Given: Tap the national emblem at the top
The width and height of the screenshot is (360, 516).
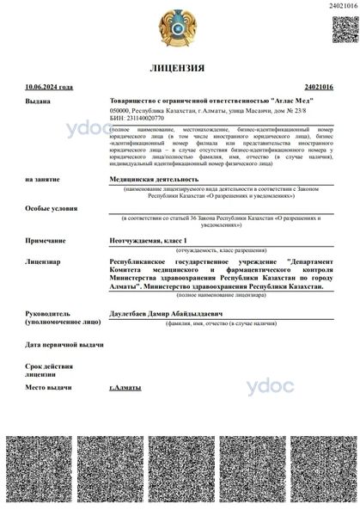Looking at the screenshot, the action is coord(179,28).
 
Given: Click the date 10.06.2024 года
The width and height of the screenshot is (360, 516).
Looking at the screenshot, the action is coord(50,87).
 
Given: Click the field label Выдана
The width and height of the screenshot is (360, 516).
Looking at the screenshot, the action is coord(38,101).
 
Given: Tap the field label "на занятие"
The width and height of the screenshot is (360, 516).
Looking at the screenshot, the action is coord(44,180).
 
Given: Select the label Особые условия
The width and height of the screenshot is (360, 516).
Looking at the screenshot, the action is coord(50,208).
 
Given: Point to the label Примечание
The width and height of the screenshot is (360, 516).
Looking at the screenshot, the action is coord(46,242).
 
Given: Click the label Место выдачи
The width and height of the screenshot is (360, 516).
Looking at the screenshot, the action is coord(50,388).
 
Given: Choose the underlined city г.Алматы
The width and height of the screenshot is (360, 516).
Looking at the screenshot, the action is coord(125,388).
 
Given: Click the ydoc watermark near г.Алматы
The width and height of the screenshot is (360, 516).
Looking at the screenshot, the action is coord(270,386).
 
